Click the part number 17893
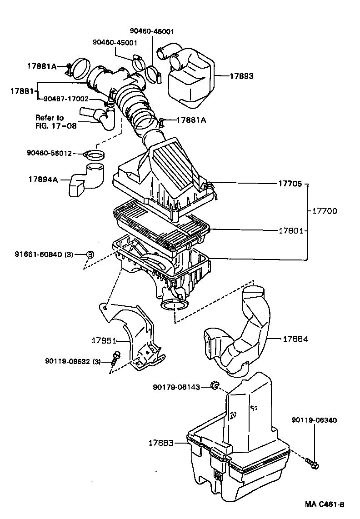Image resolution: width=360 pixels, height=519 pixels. click(x=241, y=76)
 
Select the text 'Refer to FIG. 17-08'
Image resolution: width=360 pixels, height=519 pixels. click(x=56, y=122)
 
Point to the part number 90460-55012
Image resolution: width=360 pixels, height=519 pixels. click(x=49, y=154)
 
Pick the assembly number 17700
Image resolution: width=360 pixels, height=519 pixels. click(x=325, y=211)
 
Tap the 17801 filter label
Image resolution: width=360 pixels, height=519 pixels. click(x=290, y=231)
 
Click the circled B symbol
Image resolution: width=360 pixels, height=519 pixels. click(x=90, y=254)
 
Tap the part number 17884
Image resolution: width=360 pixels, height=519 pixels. click(x=295, y=339)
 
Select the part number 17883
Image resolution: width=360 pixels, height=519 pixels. click(x=161, y=442)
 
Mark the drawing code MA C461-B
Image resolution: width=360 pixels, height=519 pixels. click(x=325, y=504)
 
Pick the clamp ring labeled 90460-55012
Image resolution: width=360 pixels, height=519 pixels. click(x=94, y=155)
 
